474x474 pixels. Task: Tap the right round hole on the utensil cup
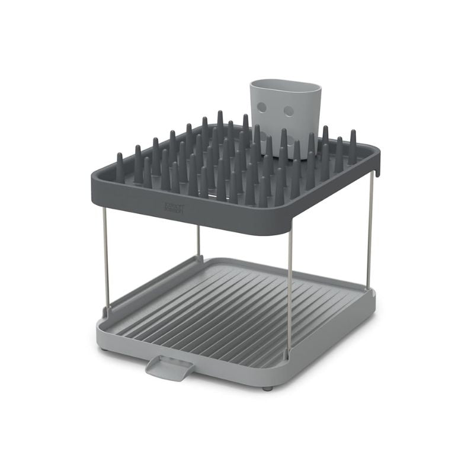pyautogui.click(x=289, y=111)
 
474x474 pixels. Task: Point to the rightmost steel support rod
pyautogui.click(x=370, y=231)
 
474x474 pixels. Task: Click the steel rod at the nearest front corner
pyautogui.click(x=290, y=290)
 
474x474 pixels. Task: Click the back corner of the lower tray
pyautogui.click(x=204, y=258)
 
